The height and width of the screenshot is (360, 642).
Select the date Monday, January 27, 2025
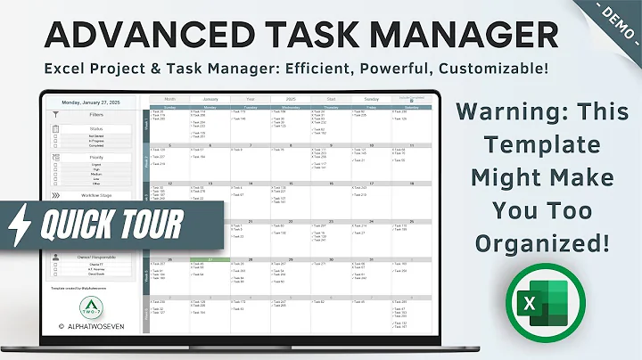pos(95,102)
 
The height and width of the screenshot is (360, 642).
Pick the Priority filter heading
pos(96,157)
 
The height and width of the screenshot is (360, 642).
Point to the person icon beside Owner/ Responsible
pos(55,257)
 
